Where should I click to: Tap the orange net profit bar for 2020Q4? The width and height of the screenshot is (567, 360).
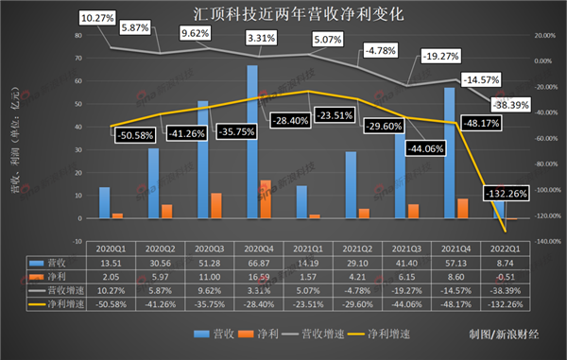pos(266,199)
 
